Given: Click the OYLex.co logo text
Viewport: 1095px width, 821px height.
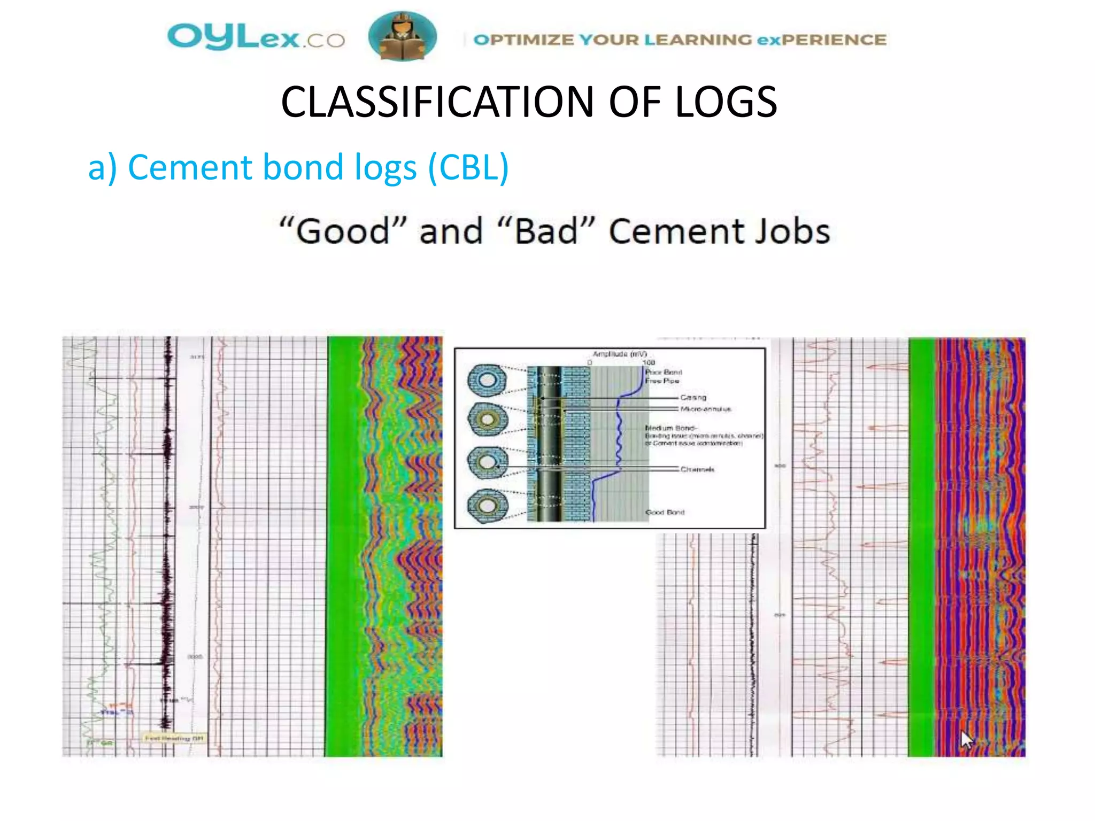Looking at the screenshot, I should coord(256,37).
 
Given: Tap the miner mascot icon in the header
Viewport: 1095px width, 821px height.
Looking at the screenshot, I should coord(402,36).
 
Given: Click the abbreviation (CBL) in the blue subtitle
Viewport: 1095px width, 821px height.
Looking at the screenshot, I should coord(468,167).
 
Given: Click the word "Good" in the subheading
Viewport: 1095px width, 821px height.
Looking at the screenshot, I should coord(343,231).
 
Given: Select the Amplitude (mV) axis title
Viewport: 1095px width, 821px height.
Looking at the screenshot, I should coord(619,354).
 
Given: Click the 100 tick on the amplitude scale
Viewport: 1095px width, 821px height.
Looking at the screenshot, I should coord(648,362).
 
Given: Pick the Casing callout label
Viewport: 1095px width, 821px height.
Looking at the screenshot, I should coord(693,397).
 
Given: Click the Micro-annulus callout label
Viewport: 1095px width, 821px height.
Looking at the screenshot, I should coord(705,409).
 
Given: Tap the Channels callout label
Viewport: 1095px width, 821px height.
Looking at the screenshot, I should coord(697,469).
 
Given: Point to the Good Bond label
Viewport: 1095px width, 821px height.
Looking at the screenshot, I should coord(665,512).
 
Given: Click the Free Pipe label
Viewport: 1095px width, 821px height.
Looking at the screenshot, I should coord(662,381).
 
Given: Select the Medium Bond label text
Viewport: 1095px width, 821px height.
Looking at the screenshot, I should coord(670,428).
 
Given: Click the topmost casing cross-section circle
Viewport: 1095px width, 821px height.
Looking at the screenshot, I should coord(487,380).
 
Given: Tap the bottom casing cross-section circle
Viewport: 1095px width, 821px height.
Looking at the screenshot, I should coord(487,506).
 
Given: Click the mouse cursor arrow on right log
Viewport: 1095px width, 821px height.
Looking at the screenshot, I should coord(966,739).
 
